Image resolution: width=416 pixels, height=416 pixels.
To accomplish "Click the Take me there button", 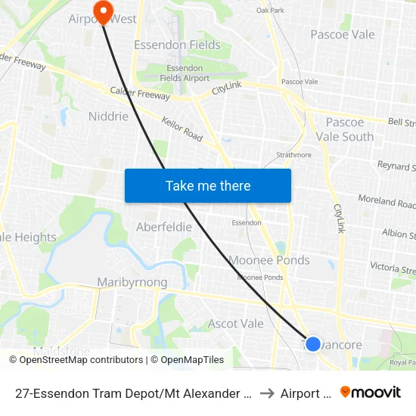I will point(208,185).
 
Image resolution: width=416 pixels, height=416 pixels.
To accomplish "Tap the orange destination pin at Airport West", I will point(101,10).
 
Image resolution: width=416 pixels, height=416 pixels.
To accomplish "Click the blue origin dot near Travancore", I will point(312,344).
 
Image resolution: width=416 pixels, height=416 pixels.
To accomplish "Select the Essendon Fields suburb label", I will point(177,45).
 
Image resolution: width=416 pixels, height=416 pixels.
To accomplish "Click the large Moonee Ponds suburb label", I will point(269,260).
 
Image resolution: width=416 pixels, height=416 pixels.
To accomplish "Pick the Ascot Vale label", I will point(235,324).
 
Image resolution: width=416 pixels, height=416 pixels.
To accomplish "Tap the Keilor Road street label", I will point(182,129).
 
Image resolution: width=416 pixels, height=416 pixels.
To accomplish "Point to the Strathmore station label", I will point(293,155).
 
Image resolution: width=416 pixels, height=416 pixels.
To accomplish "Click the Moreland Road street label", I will point(397,202).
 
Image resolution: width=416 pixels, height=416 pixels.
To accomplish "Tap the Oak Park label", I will point(270,10).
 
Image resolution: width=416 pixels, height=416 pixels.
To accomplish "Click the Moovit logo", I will point(371,393).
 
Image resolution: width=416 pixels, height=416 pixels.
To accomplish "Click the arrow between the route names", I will point(265,393).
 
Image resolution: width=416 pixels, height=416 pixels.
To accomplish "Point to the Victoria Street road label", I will point(393,268).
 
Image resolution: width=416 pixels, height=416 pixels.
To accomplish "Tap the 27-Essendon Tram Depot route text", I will point(133,393).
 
